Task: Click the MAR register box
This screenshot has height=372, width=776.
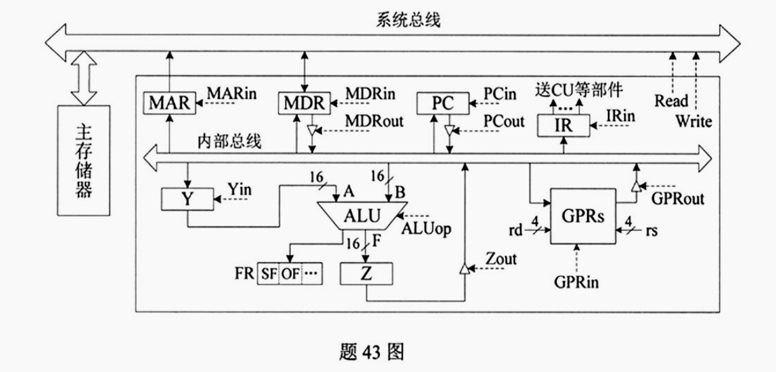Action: point(169,103)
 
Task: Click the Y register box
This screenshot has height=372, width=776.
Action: point(186,198)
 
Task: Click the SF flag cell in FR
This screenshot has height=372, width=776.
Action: point(268,274)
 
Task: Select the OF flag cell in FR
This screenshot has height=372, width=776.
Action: point(291,274)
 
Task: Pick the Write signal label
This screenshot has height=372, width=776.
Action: point(694,121)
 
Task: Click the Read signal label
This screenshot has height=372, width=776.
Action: point(671,100)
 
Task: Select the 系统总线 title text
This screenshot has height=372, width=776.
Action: point(405,20)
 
